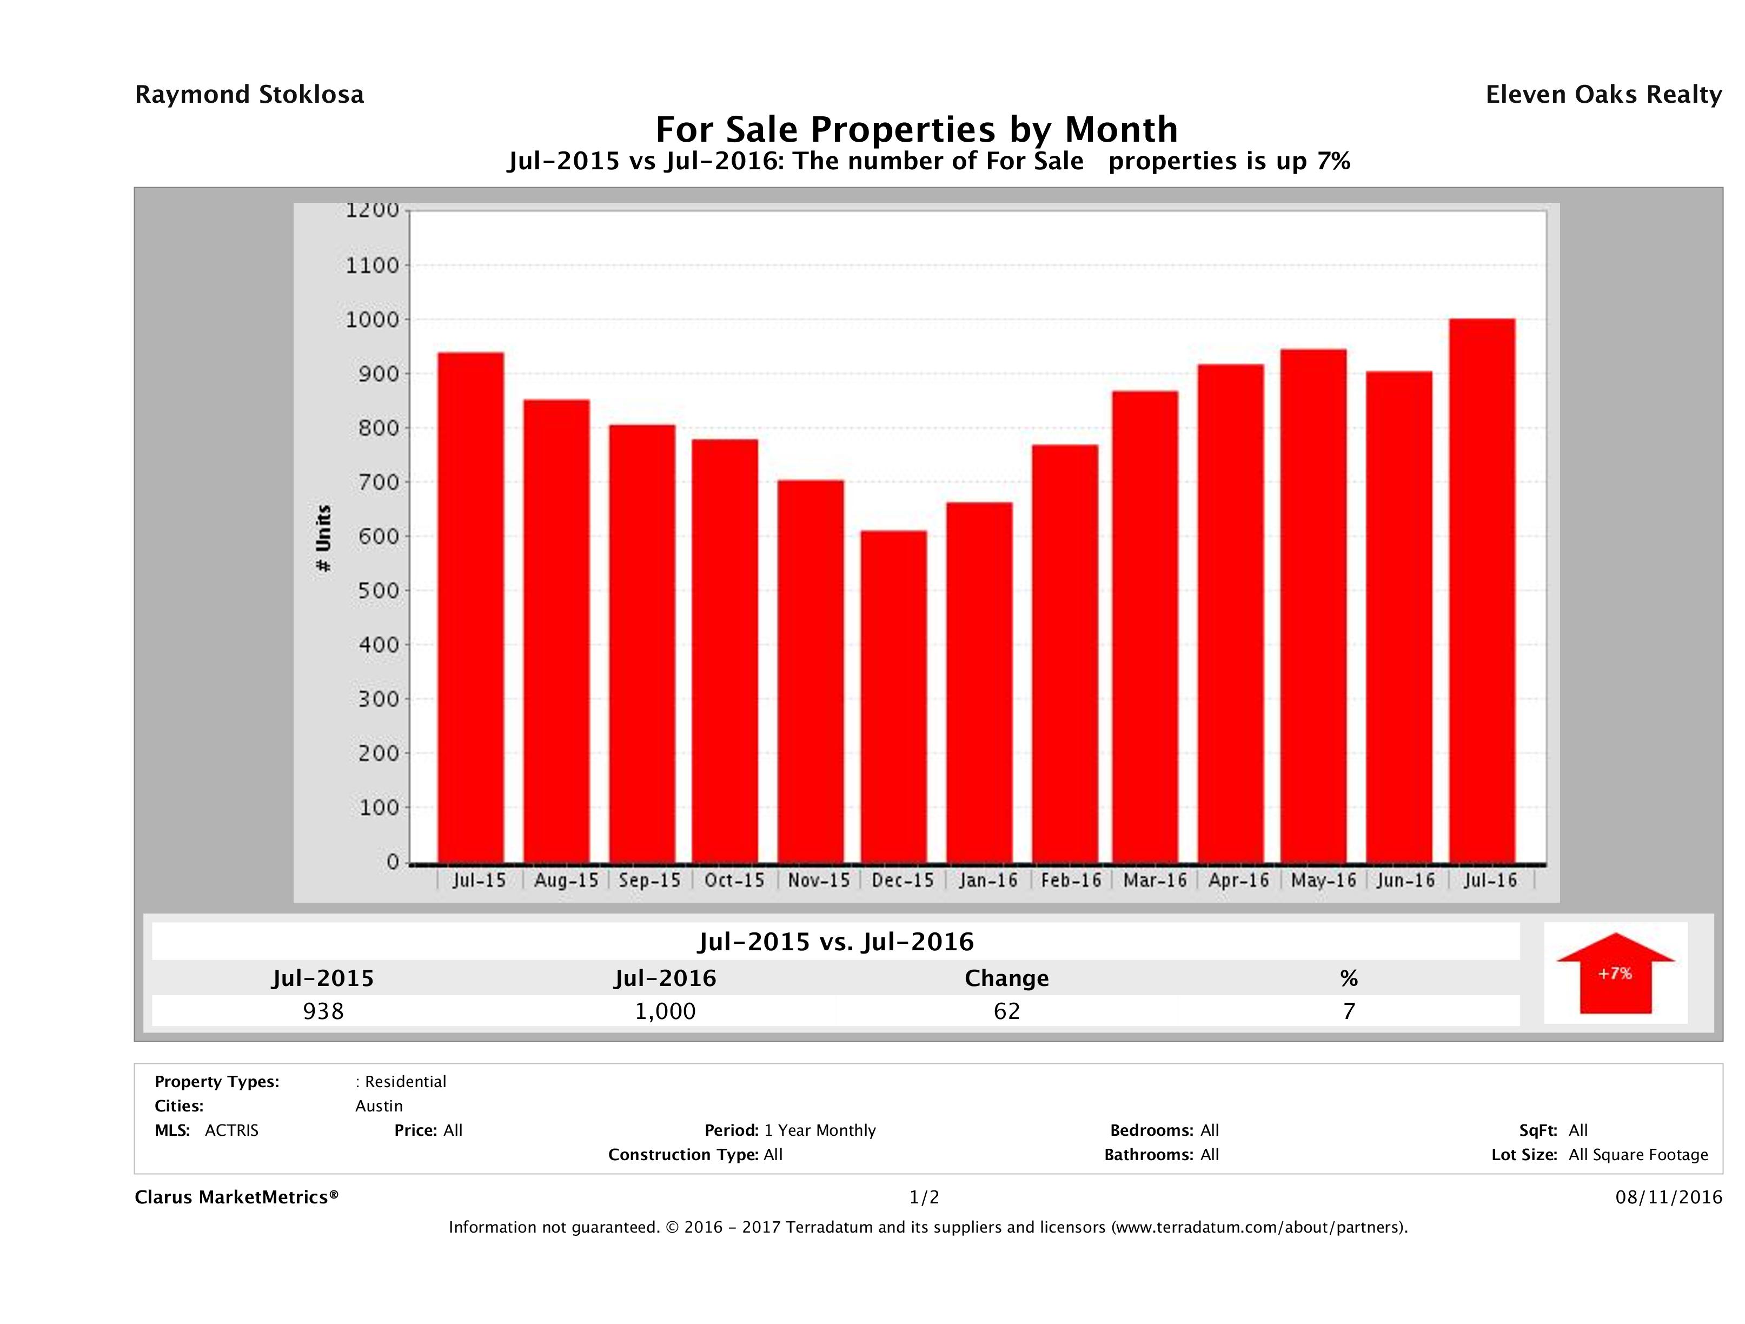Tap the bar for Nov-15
pos(810,671)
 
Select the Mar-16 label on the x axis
pos(1155,881)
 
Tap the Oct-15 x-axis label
pos(734,881)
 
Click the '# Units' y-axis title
pos(323,538)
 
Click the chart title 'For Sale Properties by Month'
pos(916,129)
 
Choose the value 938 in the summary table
pos(323,1011)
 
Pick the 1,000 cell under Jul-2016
pos(665,1011)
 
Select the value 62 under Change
pos(1007,1011)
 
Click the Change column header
pos(1007,978)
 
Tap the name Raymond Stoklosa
pos(249,95)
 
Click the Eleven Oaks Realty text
pos(1603,95)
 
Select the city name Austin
pos(379,1106)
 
